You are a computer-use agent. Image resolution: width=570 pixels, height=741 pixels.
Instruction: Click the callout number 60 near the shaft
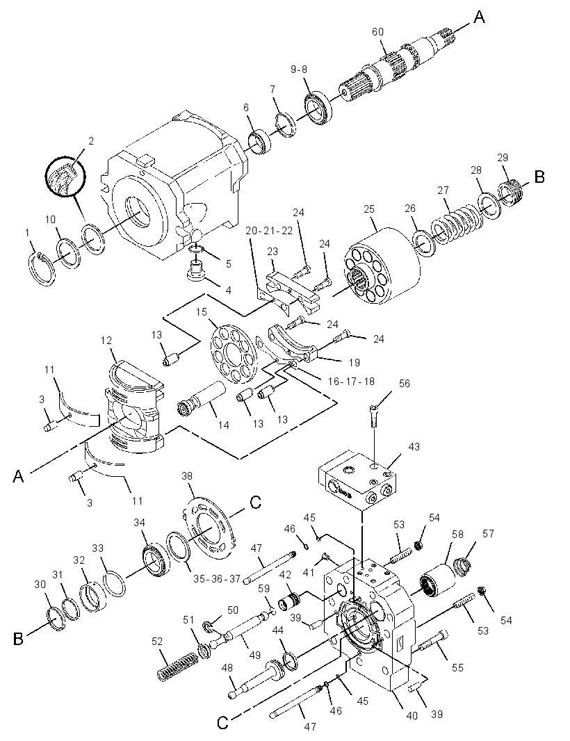pos(377,32)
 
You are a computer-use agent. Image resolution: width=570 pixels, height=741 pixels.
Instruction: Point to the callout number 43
pos(414,446)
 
